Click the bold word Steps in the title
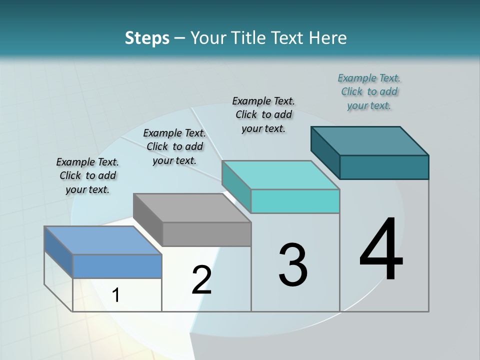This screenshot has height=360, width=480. point(147,38)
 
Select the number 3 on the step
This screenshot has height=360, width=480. point(293,265)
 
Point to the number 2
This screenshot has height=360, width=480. point(201,280)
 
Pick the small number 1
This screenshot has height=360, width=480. point(116,295)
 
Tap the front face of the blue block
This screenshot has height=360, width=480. point(117,266)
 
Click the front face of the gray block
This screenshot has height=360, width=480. point(206,234)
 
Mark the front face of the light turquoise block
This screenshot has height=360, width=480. point(295,201)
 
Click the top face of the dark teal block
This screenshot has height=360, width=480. point(370,141)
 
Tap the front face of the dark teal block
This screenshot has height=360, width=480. point(384,167)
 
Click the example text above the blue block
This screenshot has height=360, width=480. point(87,176)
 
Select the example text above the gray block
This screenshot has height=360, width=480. point(174,146)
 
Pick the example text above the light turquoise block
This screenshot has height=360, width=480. point(263,114)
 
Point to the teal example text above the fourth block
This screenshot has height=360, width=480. point(369,91)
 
